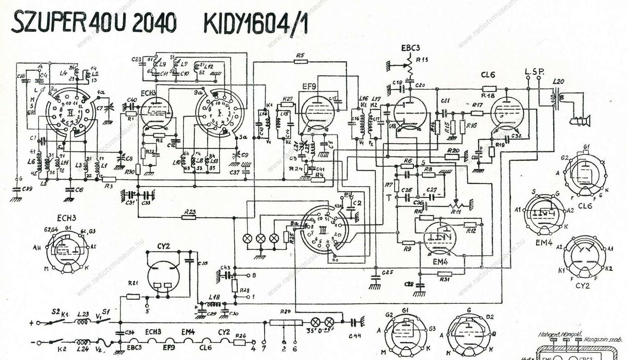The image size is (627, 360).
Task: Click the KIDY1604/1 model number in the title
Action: point(255,24)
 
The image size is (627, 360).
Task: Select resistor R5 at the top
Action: point(300,62)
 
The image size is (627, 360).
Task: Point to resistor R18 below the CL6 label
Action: point(489,89)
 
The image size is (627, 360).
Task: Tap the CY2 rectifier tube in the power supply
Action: point(163,278)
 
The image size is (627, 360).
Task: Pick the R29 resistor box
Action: point(286,322)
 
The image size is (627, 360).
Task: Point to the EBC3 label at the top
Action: point(410,47)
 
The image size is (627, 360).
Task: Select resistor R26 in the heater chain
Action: point(240,342)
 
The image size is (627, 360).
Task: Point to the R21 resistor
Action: point(133,297)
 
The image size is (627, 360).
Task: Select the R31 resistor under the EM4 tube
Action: point(445,274)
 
